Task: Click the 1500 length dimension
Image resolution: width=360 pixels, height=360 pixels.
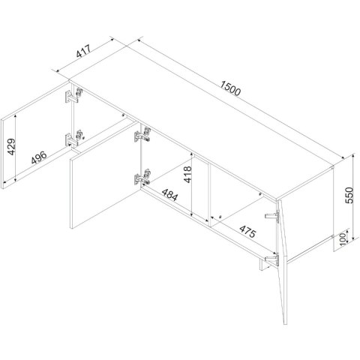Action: click(230, 88)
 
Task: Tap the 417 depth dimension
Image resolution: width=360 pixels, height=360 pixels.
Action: click(83, 51)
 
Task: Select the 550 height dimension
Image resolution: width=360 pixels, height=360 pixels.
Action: click(349, 195)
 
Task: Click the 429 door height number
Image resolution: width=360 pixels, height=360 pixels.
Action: click(11, 147)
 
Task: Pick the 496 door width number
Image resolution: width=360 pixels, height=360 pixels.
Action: click(39, 157)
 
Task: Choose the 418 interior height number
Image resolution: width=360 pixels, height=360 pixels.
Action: click(187, 174)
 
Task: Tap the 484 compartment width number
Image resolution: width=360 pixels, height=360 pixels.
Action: click(169, 194)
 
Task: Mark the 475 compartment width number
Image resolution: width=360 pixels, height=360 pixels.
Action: click(247, 232)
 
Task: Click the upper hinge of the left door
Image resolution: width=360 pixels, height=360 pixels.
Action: click(73, 95)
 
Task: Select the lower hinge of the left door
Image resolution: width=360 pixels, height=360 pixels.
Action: click(74, 138)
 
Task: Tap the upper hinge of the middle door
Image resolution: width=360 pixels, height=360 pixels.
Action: click(142, 134)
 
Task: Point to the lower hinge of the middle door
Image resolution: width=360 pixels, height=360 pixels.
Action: click(142, 177)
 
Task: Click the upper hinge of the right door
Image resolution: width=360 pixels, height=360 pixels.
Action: click(272, 216)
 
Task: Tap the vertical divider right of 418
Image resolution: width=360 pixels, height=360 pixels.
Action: click(209, 196)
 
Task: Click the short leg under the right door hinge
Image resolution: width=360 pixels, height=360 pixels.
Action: click(262, 265)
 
